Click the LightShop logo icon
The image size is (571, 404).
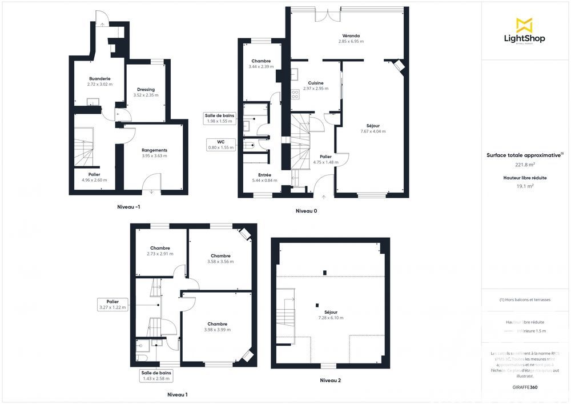pos(524,25)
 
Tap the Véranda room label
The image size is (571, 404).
pos(351,35)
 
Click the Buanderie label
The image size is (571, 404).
pos(99,78)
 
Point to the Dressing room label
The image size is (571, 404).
pos(146,89)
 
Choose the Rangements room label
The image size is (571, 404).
pos(154,150)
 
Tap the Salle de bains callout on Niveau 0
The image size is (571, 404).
pos(220,118)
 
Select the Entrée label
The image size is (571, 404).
pos(264,175)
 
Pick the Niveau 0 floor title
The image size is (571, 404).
pos(306,211)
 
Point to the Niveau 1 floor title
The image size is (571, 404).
pos(177,394)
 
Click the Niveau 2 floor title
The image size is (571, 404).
pos(331,380)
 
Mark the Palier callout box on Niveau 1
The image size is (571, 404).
pos(112,304)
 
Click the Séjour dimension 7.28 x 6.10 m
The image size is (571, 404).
pos(331,318)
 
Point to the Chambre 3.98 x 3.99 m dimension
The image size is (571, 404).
pos(218,330)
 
